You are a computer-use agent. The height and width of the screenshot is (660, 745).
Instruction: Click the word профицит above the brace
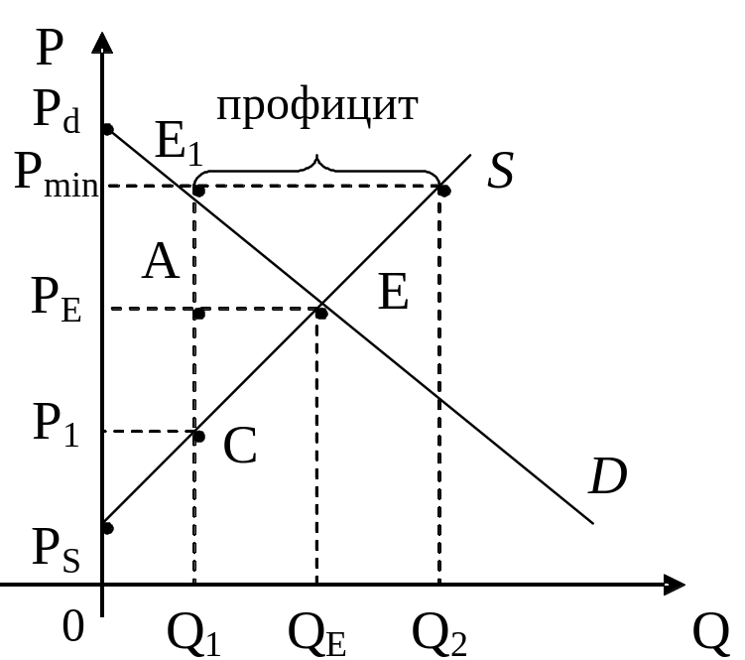(x=316, y=106)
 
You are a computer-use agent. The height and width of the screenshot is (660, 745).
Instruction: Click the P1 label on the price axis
(x=56, y=425)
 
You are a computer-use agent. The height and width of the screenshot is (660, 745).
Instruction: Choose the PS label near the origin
(x=56, y=549)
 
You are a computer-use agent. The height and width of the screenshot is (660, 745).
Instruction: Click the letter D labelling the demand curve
(x=607, y=479)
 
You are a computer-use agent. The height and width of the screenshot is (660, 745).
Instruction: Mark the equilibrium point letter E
(x=394, y=295)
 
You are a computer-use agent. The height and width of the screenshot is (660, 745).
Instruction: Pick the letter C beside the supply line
(x=240, y=448)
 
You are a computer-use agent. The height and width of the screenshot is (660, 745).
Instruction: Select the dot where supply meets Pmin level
(x=443, y=189)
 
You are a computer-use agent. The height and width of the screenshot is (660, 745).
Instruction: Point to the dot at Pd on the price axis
(x=106, y=129)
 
